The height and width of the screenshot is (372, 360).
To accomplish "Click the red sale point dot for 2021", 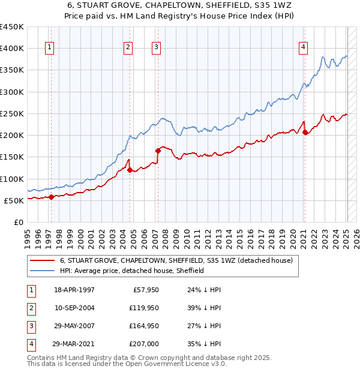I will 305,133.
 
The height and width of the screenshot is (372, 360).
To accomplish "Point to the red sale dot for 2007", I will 158,151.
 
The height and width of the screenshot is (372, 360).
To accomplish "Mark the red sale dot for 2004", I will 130,170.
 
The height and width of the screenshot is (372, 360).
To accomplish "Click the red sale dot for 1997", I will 52,197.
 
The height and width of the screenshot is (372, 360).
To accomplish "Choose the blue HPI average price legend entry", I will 132,271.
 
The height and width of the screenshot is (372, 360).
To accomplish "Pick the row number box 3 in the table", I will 30,326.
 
